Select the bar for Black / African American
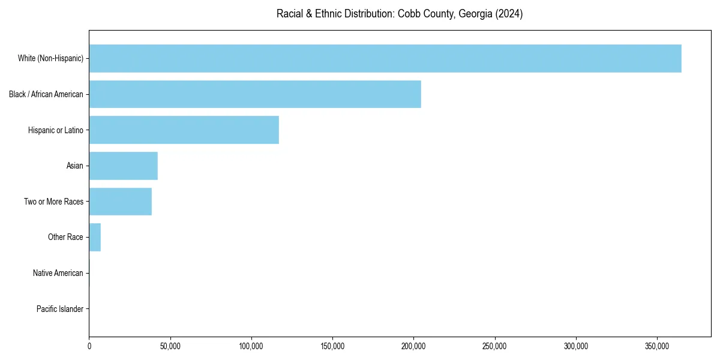tap(255, 94)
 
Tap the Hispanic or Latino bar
tap(184, 130)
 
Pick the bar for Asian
tap(124, 166)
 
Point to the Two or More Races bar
tap(121, 202)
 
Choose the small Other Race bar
tap(95, 238)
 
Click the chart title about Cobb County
tap(400, 14)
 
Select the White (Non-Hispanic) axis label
tap(50, 58)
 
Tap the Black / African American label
tap(46, 94)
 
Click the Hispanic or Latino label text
tap(56, 130)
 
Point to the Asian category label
tap(75, 166)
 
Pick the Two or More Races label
tap(54, 202)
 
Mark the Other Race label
tap(65, 238)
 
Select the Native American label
tap(58, 273)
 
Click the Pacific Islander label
tap(60, 309)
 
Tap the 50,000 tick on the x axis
tap(170, 346)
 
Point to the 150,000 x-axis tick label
tap(332, 346)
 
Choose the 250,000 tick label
tap(495, 346)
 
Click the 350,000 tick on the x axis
tap(657, 346)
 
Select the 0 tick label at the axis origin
tap(89, 346)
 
